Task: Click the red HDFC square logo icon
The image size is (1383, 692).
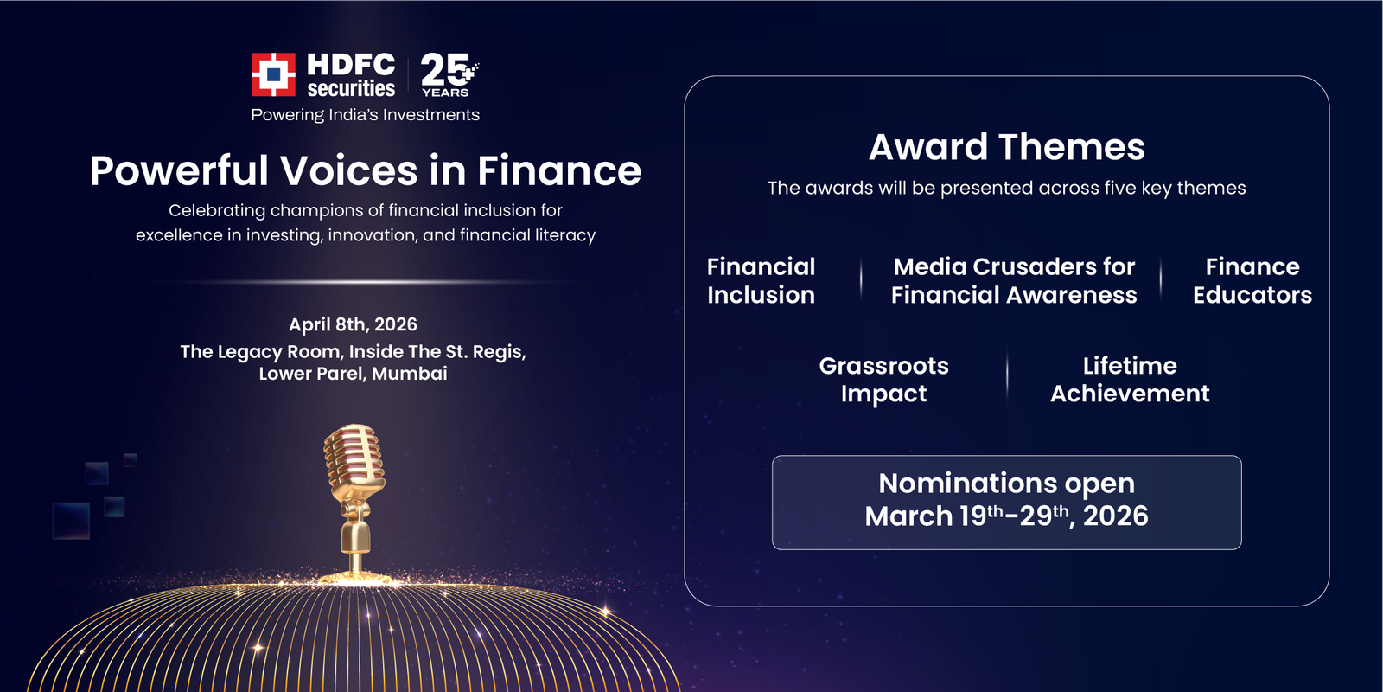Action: click(x=273, y=74)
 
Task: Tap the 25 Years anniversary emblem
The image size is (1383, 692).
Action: click(x=447, y=74)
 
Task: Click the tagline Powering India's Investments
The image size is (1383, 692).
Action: click(x=365, y=115)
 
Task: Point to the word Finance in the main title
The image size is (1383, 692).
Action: click(x=558, y=170)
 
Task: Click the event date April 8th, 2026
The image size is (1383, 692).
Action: click(x=353, y=324)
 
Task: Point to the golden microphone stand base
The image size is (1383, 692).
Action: click(x=355, y=570)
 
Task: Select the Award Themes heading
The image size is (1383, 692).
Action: click(x=1006, y=147)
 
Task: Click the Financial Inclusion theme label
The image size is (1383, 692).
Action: click(x=761, y=280)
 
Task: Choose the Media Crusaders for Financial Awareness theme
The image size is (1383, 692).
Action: click(x=1014, y=280)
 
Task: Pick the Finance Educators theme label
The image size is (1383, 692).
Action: click(x=1252, y=280)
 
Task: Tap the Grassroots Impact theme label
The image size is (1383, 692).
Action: click(x=883, y=379)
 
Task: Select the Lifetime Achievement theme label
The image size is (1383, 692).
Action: click(x=1129, y=379)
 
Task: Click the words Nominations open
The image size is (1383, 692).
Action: click(x=1006, y=483)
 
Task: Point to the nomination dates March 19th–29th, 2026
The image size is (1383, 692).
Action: click(x=1006, y=516)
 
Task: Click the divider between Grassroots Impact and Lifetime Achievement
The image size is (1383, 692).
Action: click(x=1007, y=378)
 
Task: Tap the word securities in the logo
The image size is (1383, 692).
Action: click(x=351, y=89)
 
